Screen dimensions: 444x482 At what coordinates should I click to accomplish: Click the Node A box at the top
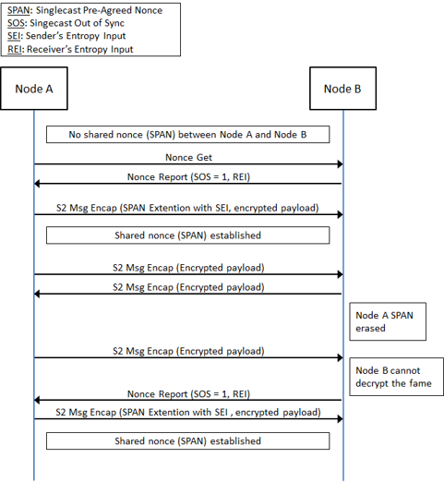point(34,89)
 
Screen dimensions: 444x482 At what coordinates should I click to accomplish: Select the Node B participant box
point(342,89)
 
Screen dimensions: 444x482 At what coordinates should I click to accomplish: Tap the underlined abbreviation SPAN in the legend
point(18,10)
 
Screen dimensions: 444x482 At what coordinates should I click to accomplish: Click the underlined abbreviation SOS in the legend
point(16,23)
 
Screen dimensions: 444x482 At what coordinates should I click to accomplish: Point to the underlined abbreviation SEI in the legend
point(14,36)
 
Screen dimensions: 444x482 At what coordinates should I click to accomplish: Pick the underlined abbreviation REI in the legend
point(15,49)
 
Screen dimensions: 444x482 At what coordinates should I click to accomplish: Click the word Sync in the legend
point(114,23)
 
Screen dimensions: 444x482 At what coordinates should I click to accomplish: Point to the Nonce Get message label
point(188,157)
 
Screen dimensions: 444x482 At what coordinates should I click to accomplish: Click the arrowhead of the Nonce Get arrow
point(341,164)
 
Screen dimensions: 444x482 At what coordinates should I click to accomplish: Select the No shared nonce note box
point(187,134)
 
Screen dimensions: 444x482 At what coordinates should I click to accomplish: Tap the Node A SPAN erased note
point(388,321)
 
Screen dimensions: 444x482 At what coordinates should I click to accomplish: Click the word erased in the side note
point(370,328)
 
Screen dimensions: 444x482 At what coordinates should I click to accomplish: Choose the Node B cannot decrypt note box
point(396,377)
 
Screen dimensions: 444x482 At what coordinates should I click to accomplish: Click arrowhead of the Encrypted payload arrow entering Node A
point(37,295)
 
